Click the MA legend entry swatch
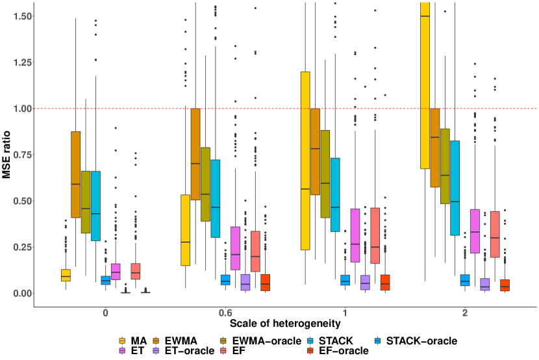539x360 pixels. (122, 341)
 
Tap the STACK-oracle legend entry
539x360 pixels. (421, 341)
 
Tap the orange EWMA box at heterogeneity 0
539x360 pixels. (75, 174)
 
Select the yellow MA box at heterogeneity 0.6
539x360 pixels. (185, 230)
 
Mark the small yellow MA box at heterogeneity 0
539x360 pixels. (66, 275)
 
